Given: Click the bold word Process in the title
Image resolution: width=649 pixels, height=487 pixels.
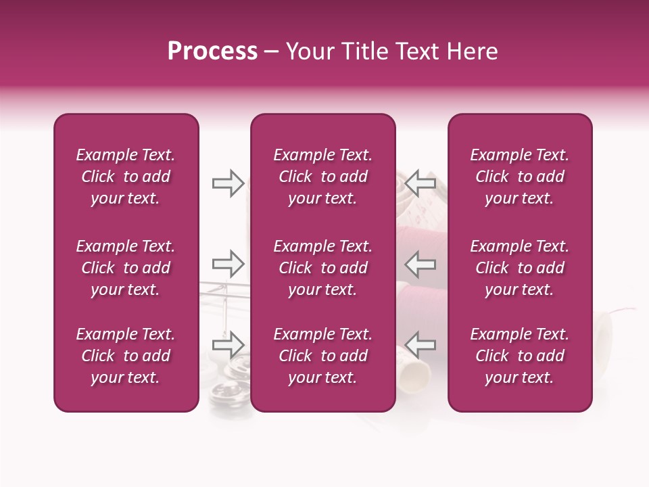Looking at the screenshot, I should pyautogui.click(x=212, y=51).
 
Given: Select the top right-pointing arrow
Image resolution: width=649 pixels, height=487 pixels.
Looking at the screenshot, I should pyautogui.click(x=228, y=183).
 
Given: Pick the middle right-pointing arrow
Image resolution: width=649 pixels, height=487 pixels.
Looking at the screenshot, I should pyautogui.click(x=228, y=263).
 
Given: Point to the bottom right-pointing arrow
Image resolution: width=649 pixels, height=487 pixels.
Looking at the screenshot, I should pyautogui.click(x=228, y=344).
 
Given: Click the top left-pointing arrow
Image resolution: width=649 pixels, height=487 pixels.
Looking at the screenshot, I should pyautogui.click(x=420, y=183).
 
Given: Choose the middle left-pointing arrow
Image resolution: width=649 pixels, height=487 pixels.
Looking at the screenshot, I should pyautogui.click(x=420, y=263).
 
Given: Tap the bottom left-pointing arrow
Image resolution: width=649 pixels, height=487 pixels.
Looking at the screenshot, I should pyautogui.click(x=420, y=344).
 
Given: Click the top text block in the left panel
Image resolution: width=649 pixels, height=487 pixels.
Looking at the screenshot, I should pyautogui.click(x=126, y=177).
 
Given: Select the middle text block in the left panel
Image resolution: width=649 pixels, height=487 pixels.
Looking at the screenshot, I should pyautogui.click(x=126, y=268).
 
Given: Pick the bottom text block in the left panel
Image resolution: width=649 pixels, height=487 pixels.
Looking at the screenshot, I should pyautogui.click(x=126, y=356).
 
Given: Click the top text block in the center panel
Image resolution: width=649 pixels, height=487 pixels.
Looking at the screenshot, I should pyautogui.click(x=322, y=177).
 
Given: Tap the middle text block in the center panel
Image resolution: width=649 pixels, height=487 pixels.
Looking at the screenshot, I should pyautogui.click(x=322, y=268).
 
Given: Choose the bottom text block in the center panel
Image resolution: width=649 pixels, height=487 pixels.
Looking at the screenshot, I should pyautogui.click(x=322, y=356).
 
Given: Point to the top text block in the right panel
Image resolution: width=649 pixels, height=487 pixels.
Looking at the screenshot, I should pyautogui.click(x=519, y=177).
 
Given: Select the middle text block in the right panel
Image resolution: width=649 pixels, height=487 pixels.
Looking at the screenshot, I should pyautogui.click(x=519, y=268).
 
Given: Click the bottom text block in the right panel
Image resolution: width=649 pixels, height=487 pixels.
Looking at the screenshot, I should pyautogui.click(x=519, y=356).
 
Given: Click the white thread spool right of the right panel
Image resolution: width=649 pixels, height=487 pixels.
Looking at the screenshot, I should pyautogui.click(x=603, y=331).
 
